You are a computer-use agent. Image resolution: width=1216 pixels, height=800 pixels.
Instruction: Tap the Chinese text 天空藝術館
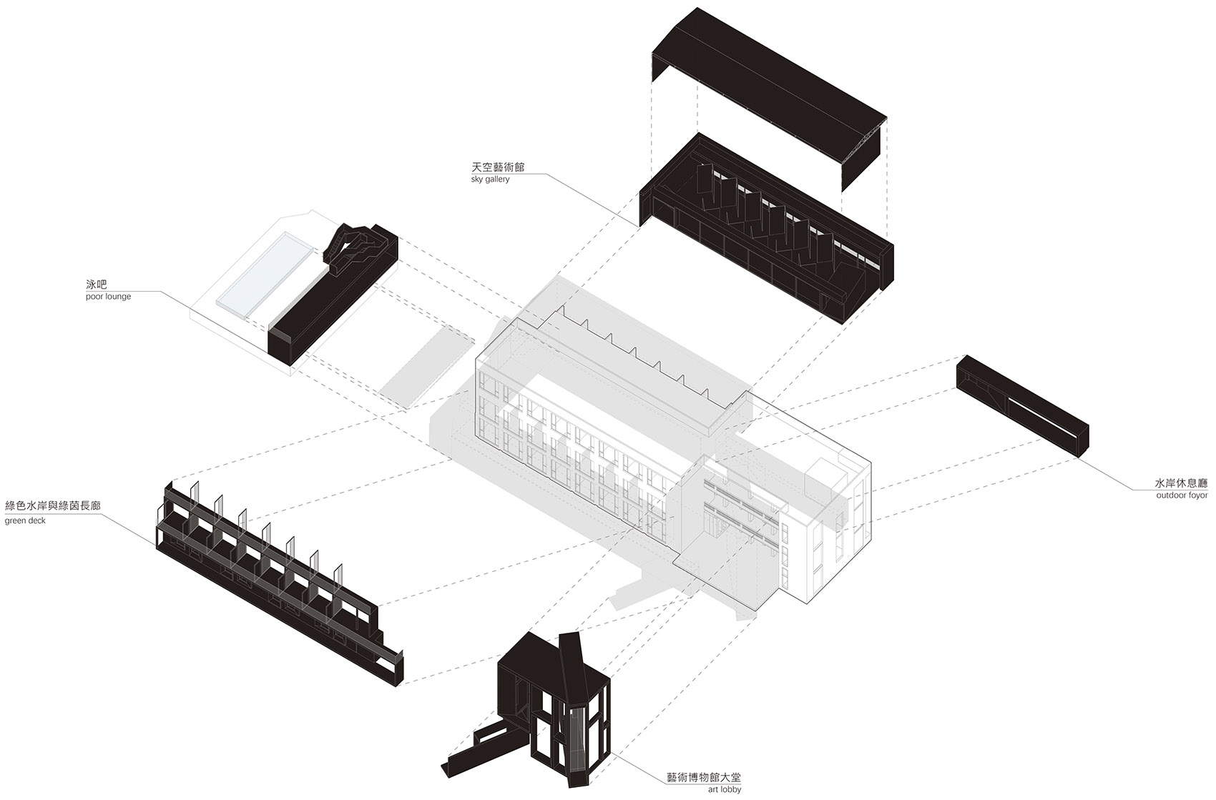pyautogui.click(x=498, y=167)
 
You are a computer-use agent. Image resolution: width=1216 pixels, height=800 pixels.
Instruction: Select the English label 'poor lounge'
pyautogui.click(x=108, y=296)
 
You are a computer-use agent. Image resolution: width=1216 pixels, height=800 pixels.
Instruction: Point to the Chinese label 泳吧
pyautogui.click(x=96, y=284)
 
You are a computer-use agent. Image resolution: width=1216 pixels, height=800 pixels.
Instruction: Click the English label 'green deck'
pyautogui.click(x=25, y=520)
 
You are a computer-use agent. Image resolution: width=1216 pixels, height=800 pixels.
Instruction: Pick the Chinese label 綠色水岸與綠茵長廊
pyautogui.click(x=53, y=506)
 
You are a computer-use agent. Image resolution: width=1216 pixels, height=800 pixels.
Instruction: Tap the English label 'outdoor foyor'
pyautogui.click(x=1181, y=495)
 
